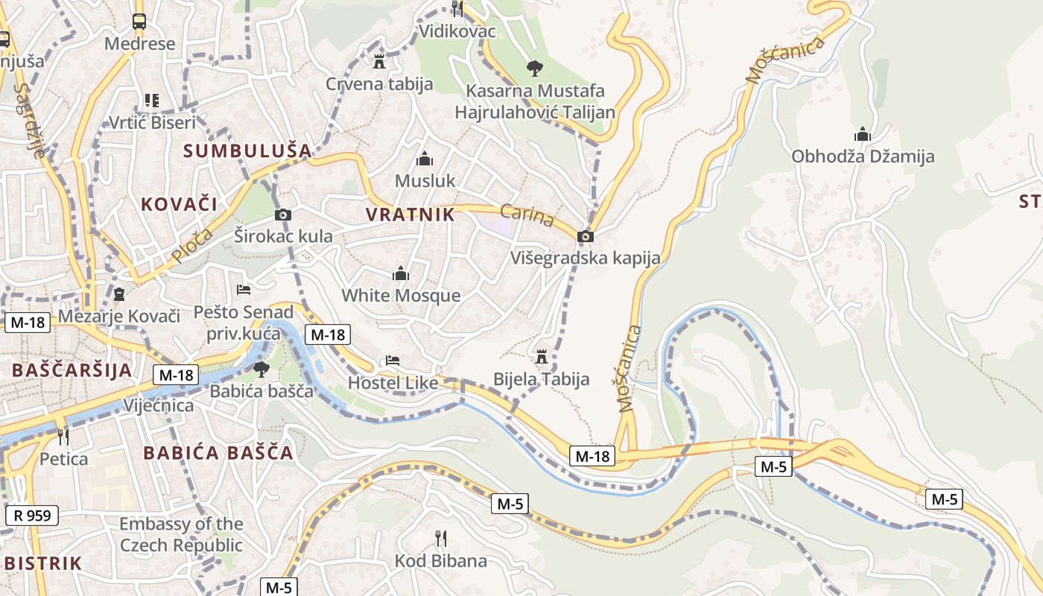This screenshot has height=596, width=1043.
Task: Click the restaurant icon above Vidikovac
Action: (x=457, y=8)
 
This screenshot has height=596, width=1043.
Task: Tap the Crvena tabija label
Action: (x=379, y=83)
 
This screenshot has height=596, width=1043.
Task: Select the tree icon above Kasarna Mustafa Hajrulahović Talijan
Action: (x=534, y=69)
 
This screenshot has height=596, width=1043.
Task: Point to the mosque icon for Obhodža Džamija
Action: (x=863, y=134)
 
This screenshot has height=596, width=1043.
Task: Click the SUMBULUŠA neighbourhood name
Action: (x=247, y=150)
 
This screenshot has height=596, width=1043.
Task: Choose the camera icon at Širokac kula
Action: (x=283, y=215)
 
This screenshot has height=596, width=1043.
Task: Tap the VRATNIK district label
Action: (x=410, y=215)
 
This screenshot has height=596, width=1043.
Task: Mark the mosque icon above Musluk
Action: (x=425, y=159)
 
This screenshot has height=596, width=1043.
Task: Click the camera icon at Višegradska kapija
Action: (x=586, y=236)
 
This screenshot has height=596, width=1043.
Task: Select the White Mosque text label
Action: (x=401, y=295)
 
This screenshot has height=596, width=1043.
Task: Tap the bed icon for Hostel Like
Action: (x=393, y=361)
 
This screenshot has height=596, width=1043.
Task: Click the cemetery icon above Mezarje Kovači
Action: (x=119, y=294)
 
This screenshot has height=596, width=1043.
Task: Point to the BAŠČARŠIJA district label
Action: (x=72, y=370)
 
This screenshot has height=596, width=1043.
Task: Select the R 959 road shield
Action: (x=32, y=514)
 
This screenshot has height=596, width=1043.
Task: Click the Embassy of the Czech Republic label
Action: (x=181, y=535)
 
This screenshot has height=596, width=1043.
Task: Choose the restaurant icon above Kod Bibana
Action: (x=440, y=538)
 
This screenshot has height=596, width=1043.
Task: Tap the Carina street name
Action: (x=527, y=215)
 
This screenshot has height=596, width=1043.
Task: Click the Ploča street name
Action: (x=191, y=245)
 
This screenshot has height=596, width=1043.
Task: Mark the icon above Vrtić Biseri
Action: (x=152, y=100)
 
